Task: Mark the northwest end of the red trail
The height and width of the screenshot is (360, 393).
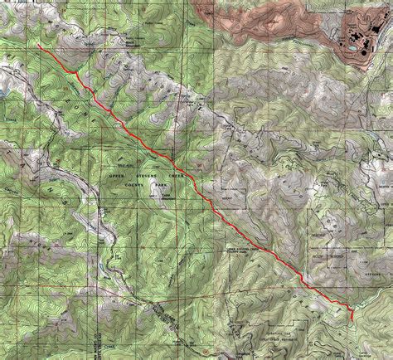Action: [39, 46]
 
